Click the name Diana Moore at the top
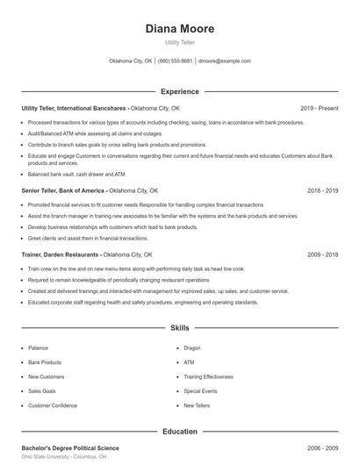pyautogui.click(x=179, y=29)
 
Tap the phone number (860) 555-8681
pyautogui.click(x=176, y=61)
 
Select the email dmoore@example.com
pyautogui.click(x=225, y=61)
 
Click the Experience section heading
pyautogui.click(x=179, y=91)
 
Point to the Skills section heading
pyautogui.click(x=179, y=328)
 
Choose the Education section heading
pyautogui.click(x=179, y=432)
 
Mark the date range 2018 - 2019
pyautogui.click(x=322, y=190)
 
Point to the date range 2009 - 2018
pyautogui.click(x=322, y=254)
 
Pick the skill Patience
pyautogui.click(x=38, y=347)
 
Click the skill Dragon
pyautogui.click(x=192, y=347)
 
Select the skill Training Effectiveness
pyautogui.click(x=209, y=376)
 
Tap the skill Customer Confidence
pyautogui.click(x=52, y=405)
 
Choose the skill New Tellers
pyautogui.click(x=197, y=405)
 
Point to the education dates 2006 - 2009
pyautogui.click(x=322, y=447)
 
